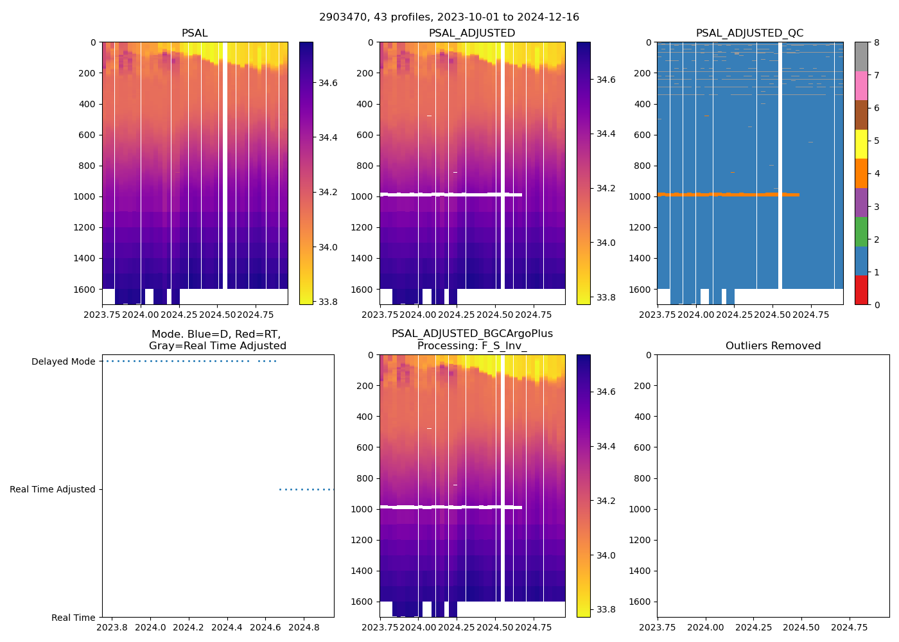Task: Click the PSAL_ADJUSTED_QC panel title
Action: (749, 33)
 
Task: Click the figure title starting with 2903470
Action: (449, 17)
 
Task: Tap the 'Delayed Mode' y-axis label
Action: (63, 361)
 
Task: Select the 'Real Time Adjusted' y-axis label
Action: (53, 489)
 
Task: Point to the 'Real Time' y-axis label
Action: (73, 618)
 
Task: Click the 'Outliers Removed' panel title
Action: (773, 345)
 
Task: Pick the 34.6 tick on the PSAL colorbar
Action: (328, 83)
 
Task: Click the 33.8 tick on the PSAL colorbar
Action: (328, 302)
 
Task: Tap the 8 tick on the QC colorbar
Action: (876, 42)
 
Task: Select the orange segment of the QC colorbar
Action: (861, 173)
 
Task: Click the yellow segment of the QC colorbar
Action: (861, 144)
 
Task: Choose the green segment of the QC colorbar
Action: (861, 232)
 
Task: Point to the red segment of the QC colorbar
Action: (861, 290)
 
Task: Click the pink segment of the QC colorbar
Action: (861, 86)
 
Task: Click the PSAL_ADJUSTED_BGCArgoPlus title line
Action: (472, 334)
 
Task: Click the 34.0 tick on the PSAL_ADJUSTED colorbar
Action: (606, 243)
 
